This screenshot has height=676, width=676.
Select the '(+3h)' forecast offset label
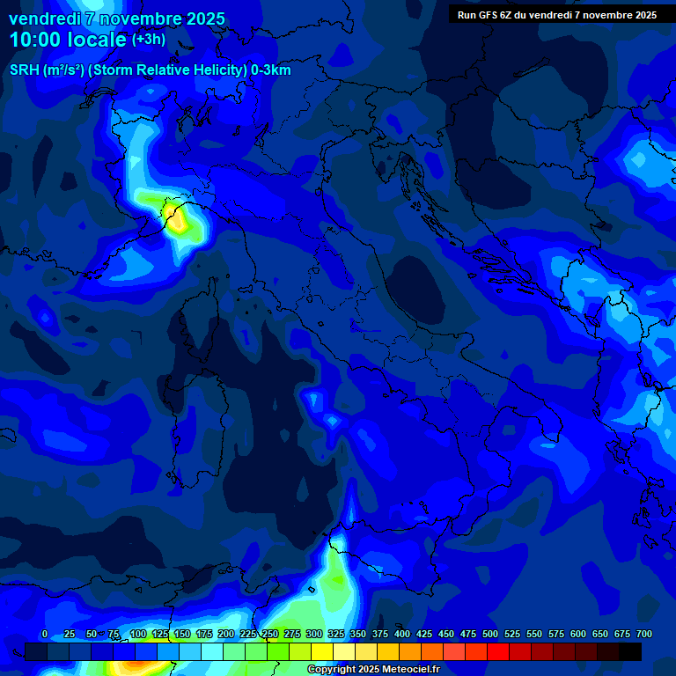148,40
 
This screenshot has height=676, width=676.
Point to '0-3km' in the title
270,70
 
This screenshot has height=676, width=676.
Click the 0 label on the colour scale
45,635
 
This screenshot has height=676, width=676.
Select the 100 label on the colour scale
138,635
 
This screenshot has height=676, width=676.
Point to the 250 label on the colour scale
270,635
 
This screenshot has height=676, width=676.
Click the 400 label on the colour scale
402,635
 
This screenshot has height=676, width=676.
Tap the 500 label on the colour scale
490,635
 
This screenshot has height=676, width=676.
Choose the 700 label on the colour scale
644,635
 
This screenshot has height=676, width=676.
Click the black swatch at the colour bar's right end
629,651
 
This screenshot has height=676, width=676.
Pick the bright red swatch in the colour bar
497,651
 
